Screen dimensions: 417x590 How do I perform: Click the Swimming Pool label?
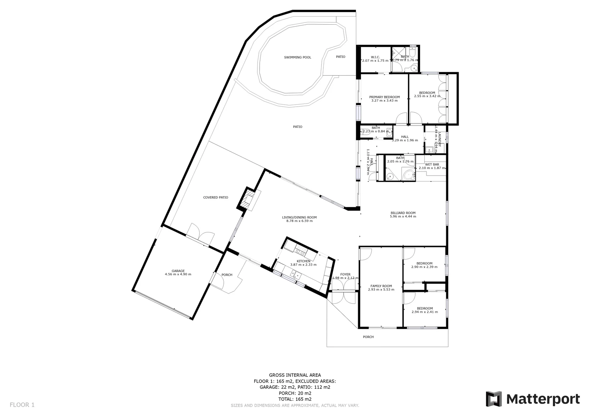pos(298,58)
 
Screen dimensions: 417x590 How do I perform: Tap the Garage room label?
pos(178,271)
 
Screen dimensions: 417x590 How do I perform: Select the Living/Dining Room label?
pos(299,217)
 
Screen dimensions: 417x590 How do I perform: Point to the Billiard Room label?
pos(403,213)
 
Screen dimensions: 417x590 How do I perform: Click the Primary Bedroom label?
pos(384,97)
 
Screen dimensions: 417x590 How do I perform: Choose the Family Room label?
pos(381,286)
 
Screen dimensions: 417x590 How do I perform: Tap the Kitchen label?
pos(303,261)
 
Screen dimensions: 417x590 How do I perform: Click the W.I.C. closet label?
pos(375,57)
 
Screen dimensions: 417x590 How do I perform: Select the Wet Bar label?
pos(432,164)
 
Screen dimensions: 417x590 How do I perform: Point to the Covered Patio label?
pos(216,197)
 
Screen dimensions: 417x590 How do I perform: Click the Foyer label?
pos(345,275)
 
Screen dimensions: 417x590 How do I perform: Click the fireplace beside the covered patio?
pos(247,199)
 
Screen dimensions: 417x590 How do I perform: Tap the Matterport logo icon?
pos(493,399)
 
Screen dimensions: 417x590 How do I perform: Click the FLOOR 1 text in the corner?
pos(22,405)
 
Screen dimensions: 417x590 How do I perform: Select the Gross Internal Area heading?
pos(295,375)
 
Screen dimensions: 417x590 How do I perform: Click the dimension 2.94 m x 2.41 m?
pos(425,312)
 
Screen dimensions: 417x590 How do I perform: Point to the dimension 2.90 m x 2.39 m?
pos(424,267)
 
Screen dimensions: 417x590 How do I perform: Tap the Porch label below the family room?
pos(368,337)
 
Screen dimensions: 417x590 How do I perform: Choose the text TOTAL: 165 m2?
pos(295,399)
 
